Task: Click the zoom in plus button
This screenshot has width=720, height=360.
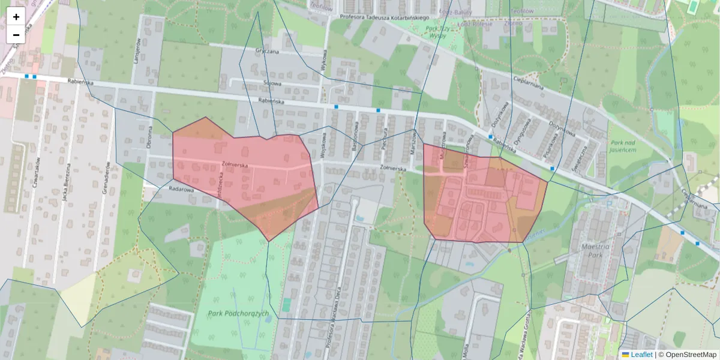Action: click(x=16, y=17)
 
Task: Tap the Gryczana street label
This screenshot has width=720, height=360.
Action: click(x=267, y=52)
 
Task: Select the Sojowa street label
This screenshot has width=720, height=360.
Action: click(x=272, y=83)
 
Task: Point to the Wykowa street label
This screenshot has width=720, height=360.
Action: click(x=325, y=60)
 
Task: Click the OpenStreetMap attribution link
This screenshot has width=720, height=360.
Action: click(x=687, y=355)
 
